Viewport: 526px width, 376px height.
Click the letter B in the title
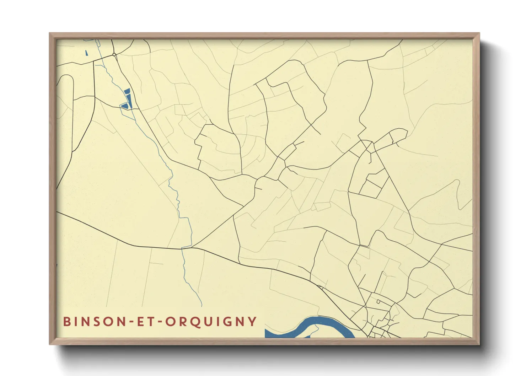(x=66, y=321)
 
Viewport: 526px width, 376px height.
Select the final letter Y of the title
(x=253, y=321)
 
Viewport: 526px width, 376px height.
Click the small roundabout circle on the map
(x=114, y=55)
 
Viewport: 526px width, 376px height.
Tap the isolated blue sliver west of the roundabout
(x=87, y=53)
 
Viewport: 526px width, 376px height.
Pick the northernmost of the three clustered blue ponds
(x=127, y=91)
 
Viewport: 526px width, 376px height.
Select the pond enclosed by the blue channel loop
(x=124, y=106)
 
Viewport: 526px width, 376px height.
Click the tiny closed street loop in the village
(x=379, y=302)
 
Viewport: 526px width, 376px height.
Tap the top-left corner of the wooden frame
(x=50, y=33)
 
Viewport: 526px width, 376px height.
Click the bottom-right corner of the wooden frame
(x=479, y=344)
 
